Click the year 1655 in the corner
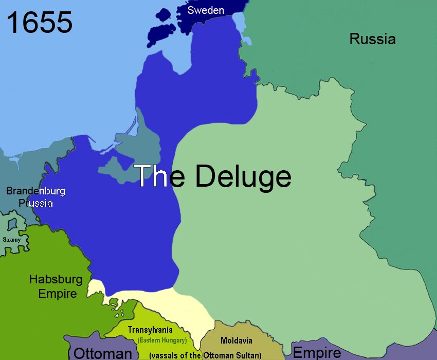(40, 23)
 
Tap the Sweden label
(205, 10)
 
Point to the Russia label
(372, 39)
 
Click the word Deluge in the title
(243, 176)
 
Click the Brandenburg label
(35, 191)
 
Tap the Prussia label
(35, 203)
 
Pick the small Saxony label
(12, 240)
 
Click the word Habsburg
(56, 280)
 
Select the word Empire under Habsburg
(58, 294)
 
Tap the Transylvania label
(150, 330)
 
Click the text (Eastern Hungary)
(161, 340)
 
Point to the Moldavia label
(236, 340)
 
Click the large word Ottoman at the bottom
(103, 353)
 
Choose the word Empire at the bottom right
(317, 353)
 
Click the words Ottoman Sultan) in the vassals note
(232, 355)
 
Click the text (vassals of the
(175, 355)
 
